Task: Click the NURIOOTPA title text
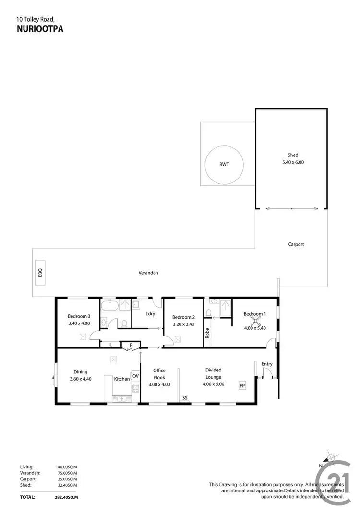point(40,29)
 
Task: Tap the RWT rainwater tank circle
point(224,164)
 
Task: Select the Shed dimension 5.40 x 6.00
point(293,162)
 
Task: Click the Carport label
point(296,244)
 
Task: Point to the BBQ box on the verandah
point(40,273)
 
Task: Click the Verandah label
point(148,273)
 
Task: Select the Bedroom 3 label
point(79,316)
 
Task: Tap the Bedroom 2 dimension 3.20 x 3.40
point(183,324)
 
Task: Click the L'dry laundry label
point(150,314)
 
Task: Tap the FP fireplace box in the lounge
point(242,385)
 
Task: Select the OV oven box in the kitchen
point(135,376)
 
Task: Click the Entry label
point(267,364)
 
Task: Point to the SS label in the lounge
point(184,398)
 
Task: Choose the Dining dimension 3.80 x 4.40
point(80,379)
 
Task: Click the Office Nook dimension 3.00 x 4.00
point(159,384)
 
